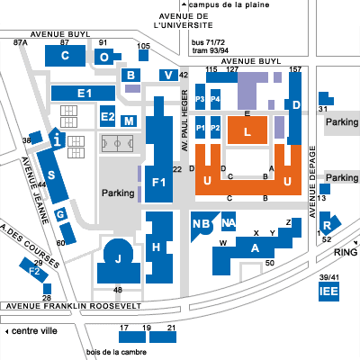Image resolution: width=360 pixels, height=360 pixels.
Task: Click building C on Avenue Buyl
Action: [x=65, y=56]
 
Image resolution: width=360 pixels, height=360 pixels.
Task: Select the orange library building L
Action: [x=247, y=130]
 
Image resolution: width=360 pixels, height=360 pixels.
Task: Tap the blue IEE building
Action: [x=328, y=292]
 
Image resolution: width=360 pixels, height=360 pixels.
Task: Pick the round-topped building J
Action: [x=119, y=262]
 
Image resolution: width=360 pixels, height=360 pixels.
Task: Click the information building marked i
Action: [x=57, y=139]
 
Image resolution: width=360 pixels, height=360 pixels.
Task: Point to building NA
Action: [x=229, y=221]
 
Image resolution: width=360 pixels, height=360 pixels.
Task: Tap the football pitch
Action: [x=117, y=143]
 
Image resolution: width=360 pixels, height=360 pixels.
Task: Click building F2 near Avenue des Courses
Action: [x=34, y=270]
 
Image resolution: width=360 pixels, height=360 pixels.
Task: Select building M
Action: [x=129, y=121]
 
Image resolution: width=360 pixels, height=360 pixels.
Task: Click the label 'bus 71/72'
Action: [x=208, y=42]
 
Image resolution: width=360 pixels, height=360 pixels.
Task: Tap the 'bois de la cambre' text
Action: [x=116, y=352]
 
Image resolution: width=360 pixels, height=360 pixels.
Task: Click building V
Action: [x=168, y=75]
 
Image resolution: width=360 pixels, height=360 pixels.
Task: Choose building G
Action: [x=60, y=215]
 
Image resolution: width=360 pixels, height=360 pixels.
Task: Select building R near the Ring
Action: [x=328, y=223]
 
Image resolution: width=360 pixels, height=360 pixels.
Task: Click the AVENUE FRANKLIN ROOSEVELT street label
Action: [x=74, y=306]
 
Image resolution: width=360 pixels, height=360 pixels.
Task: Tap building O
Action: [x=104, y=57]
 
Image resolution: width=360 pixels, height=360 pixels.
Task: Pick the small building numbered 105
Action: [x=143, y=55]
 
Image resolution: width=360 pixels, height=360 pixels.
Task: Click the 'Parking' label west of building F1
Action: [x=118, y=193]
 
